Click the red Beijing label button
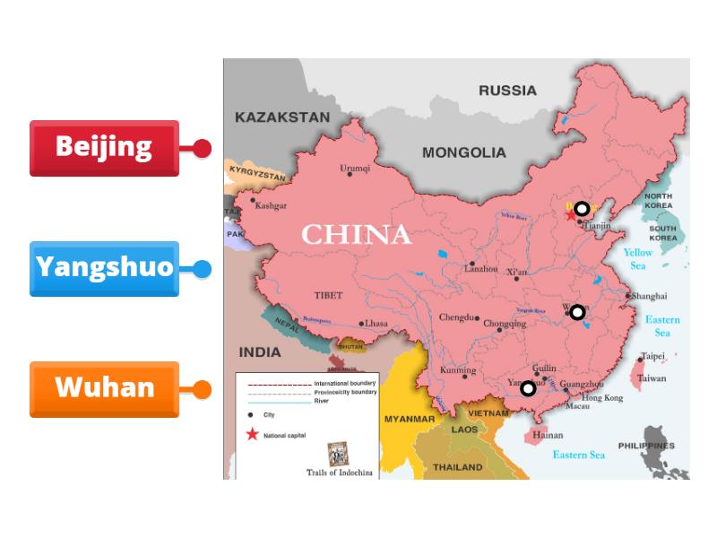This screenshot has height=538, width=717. click(x=104, y=147)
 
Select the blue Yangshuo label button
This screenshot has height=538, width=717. click(x=104, y=267)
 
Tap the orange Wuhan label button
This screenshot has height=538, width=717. click(x=104, y=388)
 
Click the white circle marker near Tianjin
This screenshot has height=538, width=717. click(x=582, y=208)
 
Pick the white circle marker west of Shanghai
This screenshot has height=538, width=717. click(x=577, y=312)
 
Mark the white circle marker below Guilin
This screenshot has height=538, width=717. click(x=528, y=388)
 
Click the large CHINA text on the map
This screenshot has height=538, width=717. click(x=356, y=235)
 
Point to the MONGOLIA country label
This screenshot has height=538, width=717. click(x=463, y=152)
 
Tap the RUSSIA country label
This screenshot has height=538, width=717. click(x=507, y=91)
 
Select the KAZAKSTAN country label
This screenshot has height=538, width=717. click(x=282, y=117)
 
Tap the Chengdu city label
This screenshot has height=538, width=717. click(x=457, y=317)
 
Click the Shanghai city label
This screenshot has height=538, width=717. click(x=649, y=296)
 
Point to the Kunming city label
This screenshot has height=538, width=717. click(x=458, y=370)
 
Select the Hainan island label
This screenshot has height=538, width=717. click(x=548, y=436)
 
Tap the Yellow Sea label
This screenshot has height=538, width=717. click(x=638, y=259)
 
